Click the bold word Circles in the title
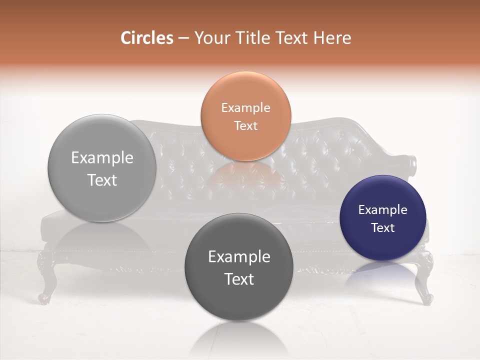(146, 38)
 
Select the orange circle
(245, 116)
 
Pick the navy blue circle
(382, 218)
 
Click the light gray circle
(102, 168)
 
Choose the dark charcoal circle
(238, 267)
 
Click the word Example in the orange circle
(245, 107)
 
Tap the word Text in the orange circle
(245, 125)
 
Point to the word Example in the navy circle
(382, 209)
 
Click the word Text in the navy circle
(382, 227)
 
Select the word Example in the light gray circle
(102, 157)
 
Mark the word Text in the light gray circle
(102, 180)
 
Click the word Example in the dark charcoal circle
(239, 256)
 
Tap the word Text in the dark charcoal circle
(239, 279)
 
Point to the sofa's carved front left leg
(46, 280)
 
